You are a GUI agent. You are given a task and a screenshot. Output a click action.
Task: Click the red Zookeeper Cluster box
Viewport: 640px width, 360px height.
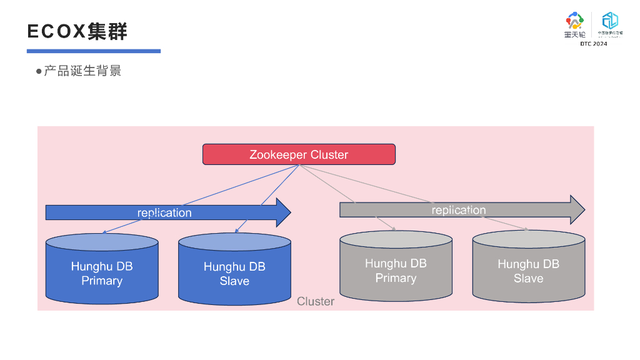point(299,154)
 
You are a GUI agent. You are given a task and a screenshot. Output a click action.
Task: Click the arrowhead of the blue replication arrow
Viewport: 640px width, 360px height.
point(283,212)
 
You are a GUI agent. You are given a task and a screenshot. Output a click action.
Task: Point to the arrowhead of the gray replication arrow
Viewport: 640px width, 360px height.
point(577,210)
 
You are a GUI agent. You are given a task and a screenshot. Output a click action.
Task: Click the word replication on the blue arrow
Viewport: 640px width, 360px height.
point(164,213)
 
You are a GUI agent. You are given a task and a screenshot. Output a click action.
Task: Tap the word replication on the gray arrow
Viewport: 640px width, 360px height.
point(459,210)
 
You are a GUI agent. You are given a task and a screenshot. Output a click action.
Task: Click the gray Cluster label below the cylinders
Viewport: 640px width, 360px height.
point(316,301)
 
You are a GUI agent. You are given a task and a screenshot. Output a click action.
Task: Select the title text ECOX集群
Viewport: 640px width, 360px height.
point(77,32)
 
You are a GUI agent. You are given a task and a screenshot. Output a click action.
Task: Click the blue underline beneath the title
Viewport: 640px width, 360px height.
point(94,51)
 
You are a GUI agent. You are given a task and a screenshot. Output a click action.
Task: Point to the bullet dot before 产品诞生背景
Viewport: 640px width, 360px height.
point(39,71)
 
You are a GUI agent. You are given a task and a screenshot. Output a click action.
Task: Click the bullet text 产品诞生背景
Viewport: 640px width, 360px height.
point(82,71)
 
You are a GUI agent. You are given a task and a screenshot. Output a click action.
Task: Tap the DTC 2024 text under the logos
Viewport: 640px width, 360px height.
point(593,44)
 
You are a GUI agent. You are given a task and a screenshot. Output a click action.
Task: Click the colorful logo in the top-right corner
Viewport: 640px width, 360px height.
point(574,21)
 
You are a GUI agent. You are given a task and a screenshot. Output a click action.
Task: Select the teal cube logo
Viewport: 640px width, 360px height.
point(610,21)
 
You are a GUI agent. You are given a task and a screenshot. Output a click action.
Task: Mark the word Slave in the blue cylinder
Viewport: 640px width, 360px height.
point(234,281)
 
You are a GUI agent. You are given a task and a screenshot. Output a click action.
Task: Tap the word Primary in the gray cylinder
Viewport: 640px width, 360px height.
point(396,278)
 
